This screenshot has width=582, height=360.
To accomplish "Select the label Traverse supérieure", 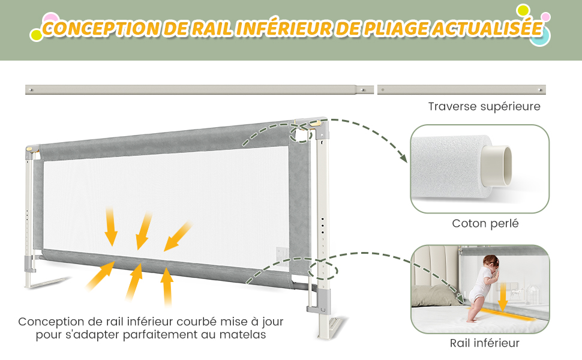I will point(484,107).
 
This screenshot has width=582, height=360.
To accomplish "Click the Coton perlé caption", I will point(485,224).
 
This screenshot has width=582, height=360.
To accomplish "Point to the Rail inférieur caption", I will point(484,343).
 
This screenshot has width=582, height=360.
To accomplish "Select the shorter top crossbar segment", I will point(461,90).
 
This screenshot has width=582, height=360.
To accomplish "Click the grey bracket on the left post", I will point(28,262).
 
